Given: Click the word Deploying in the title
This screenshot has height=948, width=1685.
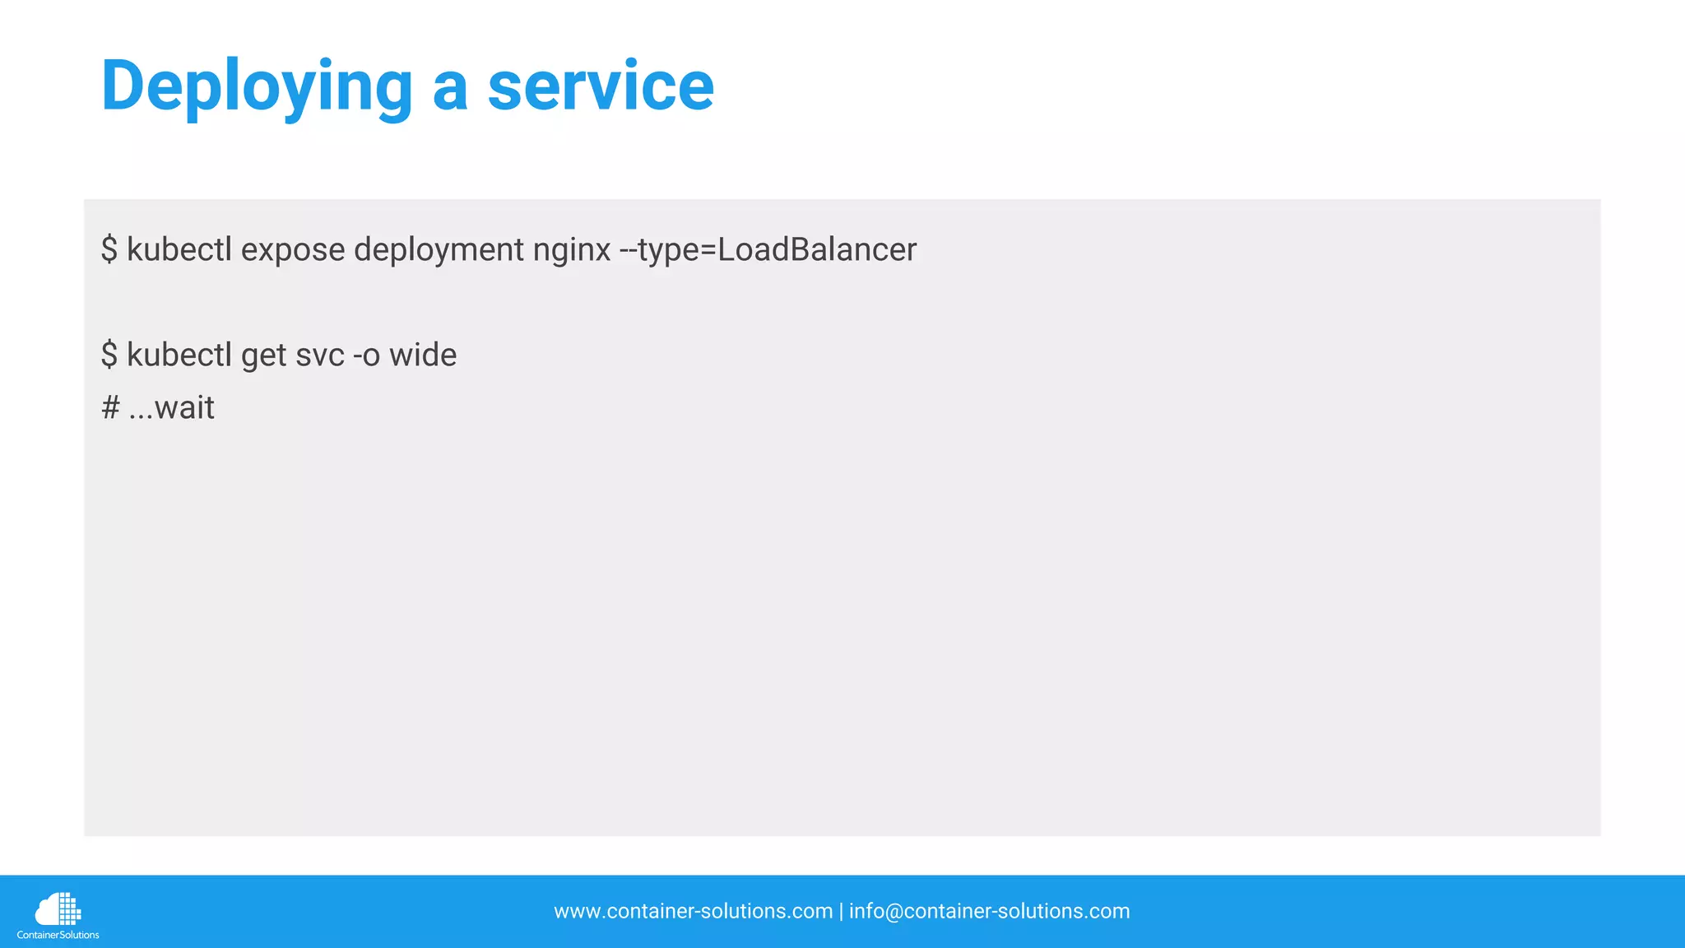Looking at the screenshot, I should tap(256, 86).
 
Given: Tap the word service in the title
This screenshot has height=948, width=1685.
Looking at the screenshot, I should tap(601, 86).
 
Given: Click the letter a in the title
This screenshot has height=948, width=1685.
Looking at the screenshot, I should tap(450, 89).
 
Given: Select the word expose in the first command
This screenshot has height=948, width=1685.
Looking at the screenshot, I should tap(293, 250).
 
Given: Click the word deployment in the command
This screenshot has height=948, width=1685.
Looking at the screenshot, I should tap(439, 250).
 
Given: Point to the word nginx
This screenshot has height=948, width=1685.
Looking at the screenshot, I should tap(572, 250).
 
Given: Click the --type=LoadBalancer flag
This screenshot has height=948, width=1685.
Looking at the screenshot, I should tap(768, 250).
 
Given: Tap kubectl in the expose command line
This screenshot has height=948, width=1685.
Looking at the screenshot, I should tap(179, 250).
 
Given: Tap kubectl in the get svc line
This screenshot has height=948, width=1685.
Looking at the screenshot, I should tap(179, 355).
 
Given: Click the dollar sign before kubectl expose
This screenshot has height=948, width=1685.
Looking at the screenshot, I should tap(109, 250).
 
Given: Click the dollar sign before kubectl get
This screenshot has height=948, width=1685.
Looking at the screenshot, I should tap(109, 355).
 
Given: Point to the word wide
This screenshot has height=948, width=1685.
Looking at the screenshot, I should tap(423, 355).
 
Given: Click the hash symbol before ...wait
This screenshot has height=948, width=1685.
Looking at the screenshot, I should tap(110, 408).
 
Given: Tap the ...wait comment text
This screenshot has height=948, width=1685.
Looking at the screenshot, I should tap(172, 408).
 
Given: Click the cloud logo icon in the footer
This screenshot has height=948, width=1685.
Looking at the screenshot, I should tap(58, 909).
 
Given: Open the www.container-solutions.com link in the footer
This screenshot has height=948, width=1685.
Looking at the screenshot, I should tap(693, 912).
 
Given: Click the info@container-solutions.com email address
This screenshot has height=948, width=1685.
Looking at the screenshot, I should tap(989, 912).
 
